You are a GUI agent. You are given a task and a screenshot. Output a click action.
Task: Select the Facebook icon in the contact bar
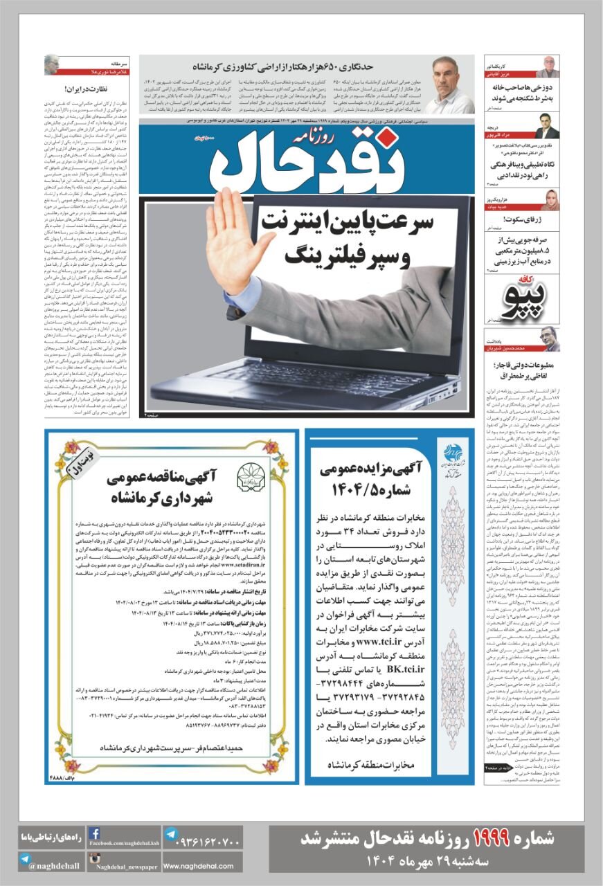tap(95, 833)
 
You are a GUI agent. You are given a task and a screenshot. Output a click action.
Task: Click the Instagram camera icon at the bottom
tap(95, 860)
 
